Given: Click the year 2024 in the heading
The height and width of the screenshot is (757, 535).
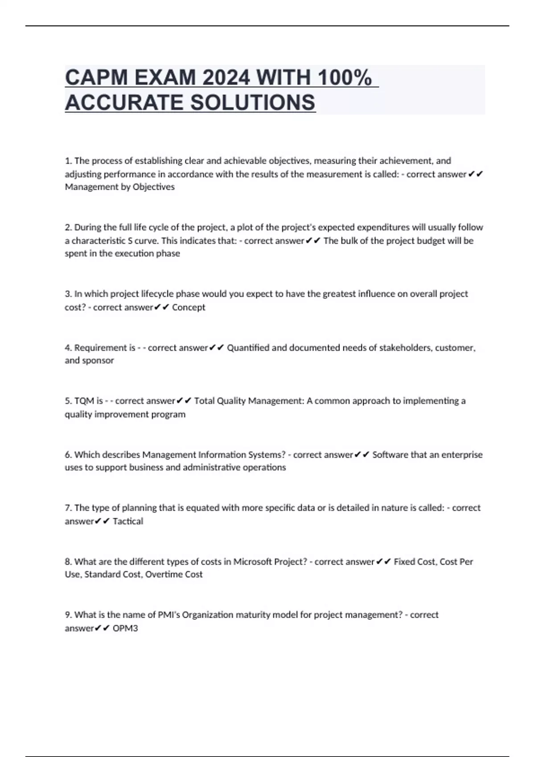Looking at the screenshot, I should tap(226, 78).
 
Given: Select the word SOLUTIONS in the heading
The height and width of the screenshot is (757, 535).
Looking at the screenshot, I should tap(253, 102).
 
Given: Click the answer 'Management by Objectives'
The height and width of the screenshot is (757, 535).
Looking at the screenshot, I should tap(119, 187).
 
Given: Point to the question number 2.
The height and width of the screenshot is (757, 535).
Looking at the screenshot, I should tap(68, 228).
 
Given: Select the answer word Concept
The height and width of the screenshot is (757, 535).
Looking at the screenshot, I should tap(189, 307).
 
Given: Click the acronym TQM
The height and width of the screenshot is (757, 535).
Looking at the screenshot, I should tap(84, 401).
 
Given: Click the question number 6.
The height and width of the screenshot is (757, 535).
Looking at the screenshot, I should tap(68, 455).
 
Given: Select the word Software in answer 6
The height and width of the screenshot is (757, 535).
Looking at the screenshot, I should tap(390, 455).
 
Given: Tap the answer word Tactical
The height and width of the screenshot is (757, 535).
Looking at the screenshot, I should tap(128, 521).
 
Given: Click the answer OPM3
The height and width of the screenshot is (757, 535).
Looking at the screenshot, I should tap(125, 628).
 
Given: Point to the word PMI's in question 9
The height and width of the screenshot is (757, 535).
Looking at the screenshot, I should tap(169, 615).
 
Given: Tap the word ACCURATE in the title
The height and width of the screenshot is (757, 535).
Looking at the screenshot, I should tap(124, 102).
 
